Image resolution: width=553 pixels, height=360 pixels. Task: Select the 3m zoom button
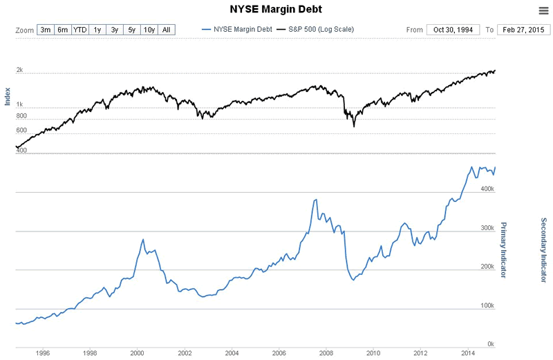[x=46, y=30]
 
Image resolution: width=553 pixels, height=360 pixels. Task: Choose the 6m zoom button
[x=63, y=30]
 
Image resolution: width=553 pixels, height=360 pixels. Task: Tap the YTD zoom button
[x=80, y=30]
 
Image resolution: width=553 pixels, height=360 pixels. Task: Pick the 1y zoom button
[x=97, y=30]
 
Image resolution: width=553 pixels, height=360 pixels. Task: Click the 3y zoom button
[x=115, y=30]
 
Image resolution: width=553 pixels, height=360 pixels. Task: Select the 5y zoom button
[x=131, y=30]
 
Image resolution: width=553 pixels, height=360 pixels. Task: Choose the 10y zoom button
[x=149, y=30]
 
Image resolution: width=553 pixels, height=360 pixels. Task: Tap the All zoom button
[x=167, y=30]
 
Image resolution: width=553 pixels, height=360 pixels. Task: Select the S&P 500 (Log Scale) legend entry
[x=316, y=30]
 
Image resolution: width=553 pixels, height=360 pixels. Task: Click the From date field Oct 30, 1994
[x=453, y=30]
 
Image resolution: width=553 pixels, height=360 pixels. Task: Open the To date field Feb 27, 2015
[x=523, y=30]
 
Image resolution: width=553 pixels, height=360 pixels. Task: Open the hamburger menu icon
[x=543, y=10]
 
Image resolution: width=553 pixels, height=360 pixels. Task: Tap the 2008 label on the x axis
[x=326, y=352]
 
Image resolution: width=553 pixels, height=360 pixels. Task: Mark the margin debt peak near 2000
[x=143, y=239]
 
